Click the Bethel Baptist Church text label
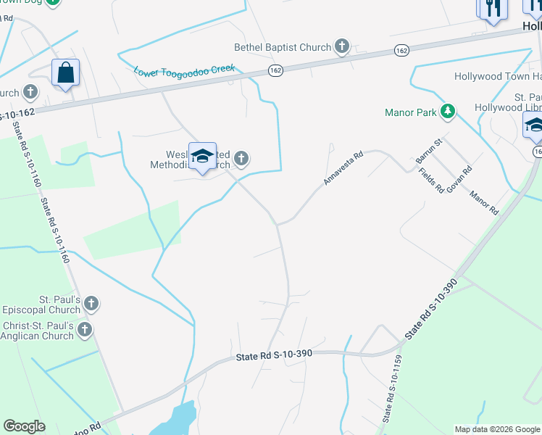[x=282, y=48]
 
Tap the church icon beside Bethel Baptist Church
[x=342, y=48]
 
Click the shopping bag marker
[x=65, y=72]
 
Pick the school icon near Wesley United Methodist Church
[x=203, y=156]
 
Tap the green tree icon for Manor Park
[x=449, y=112]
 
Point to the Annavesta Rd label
[x=343, y=168]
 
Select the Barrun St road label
[x=428, y=149]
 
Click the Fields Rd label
[x=431, y=181]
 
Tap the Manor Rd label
[x=483, y=202]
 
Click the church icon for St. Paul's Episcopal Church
[x=91, y=303]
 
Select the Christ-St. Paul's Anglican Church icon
[x=85, y=331]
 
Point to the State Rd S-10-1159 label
[x=392, y=389]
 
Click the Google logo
[x=24, y=426]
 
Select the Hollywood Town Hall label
[x=497, y=77]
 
